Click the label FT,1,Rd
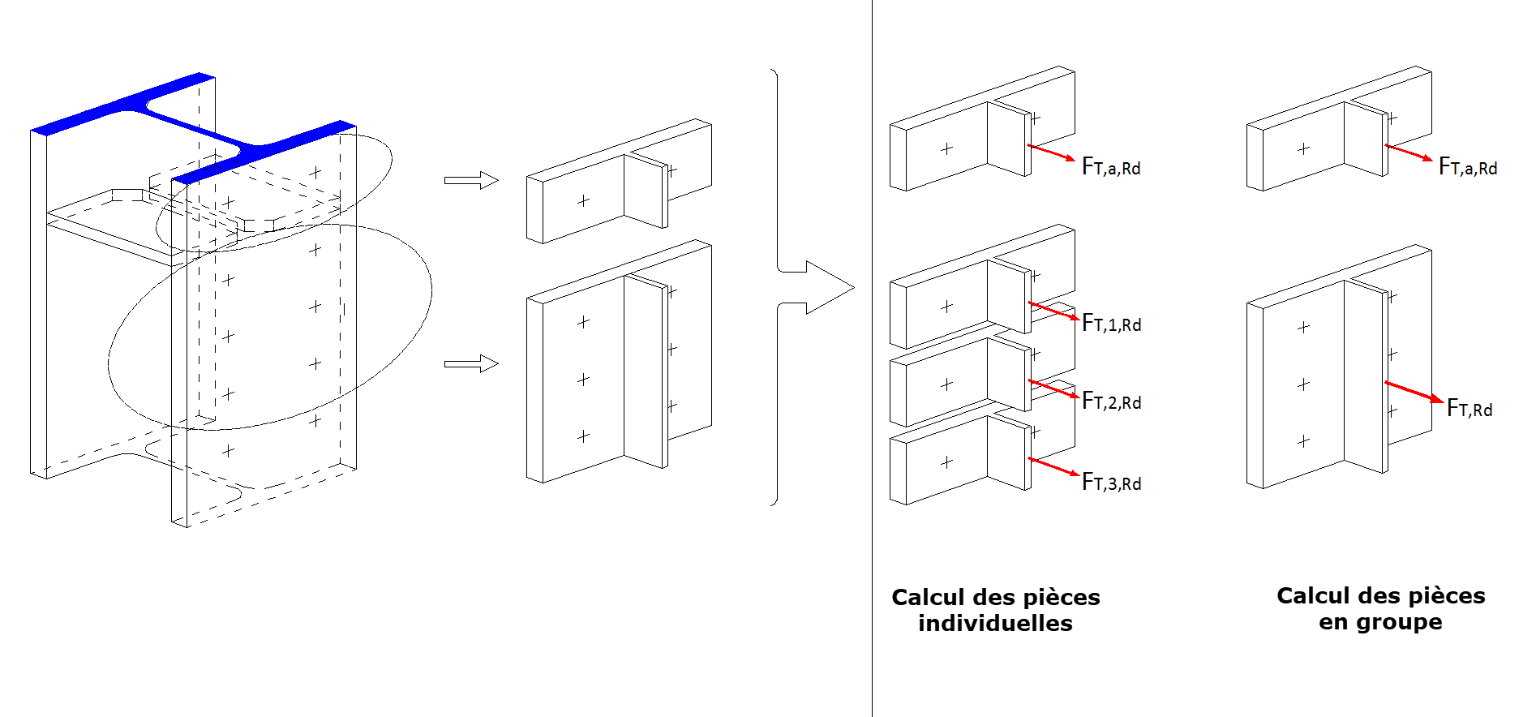(x=1111, y=324)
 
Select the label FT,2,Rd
(x=1111, y=401)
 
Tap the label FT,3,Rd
(x=1111, y=483)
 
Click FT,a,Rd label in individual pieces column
(x=1111, y=167)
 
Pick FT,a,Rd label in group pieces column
(x=1467, y=167)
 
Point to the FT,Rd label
(x=1469, y=409)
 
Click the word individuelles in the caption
(x=995, y=624)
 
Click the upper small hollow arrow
(x=471, y=180)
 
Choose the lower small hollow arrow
(x=471, y=363)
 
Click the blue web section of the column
(x=195, y=125)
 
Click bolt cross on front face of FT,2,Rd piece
(x=946, y=384)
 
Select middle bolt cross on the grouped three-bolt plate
(x=1303, y=384)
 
